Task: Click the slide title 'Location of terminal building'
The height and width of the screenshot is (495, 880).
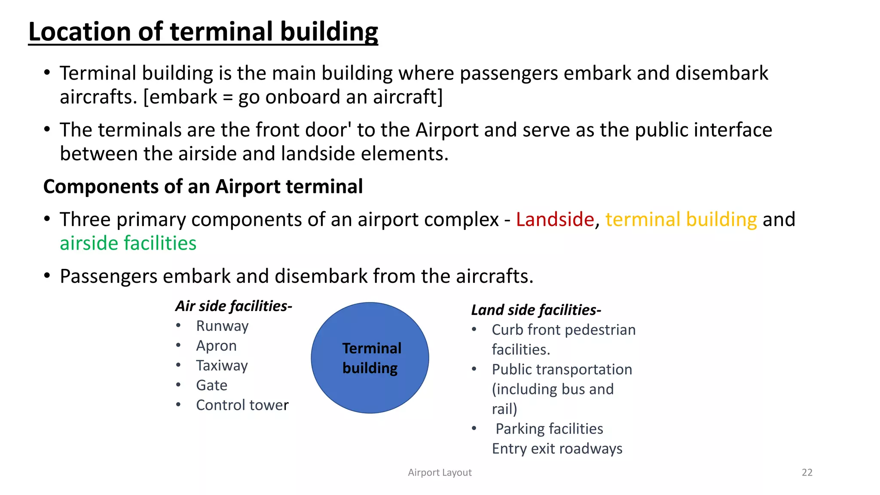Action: tap(203, 32)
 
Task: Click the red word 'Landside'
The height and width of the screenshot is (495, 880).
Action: tap(555, 220)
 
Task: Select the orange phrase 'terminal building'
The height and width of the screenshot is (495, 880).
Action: tap(681, 220)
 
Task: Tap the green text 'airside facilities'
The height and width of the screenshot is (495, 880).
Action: tap(128, 244)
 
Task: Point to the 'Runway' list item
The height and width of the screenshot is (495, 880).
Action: tap(222, 326)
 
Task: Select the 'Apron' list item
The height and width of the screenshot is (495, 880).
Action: tap(216, 346)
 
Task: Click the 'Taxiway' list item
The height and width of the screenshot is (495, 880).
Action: tap(222, 366)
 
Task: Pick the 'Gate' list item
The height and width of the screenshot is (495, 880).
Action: tap(211, 385)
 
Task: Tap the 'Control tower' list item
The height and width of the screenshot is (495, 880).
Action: tap(242, 405)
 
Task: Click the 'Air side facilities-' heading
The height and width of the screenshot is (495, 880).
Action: tap(234, 306)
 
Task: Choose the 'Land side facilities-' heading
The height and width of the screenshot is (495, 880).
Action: tap(536, 310)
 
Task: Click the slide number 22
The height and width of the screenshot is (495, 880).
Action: tap(807, 473)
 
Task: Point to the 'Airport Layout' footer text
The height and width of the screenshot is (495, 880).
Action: tap(440, 473)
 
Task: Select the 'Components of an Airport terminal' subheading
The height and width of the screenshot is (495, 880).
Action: tap(203, 187)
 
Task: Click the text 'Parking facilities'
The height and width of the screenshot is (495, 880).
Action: tap(549, 429)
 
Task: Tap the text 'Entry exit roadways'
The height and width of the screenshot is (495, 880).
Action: tap(557, 449)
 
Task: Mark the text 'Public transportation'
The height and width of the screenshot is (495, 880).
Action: tap(562, 370)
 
